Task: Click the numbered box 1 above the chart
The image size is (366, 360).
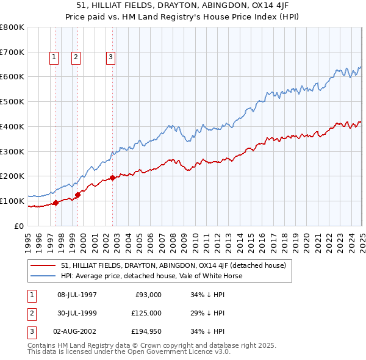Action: tap(54, 58)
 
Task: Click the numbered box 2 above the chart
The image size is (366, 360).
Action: tap(76, 58)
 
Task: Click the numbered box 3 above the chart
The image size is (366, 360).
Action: tap(110, 58)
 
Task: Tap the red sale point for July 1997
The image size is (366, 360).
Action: tap(56, 203)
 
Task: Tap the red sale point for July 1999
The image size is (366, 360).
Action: tap(78, 195)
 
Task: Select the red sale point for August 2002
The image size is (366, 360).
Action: tap(113, 178)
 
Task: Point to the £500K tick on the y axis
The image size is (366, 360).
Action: tap(12, 102)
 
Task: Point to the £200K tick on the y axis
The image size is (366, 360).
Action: tap(12, 176)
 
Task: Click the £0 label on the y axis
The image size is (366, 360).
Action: tap(19, 226)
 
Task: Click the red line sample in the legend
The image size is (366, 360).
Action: tap(43, 265)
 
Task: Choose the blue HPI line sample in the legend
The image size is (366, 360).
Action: tap(43, 276)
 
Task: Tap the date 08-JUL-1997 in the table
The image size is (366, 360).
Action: tap(77, 295)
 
